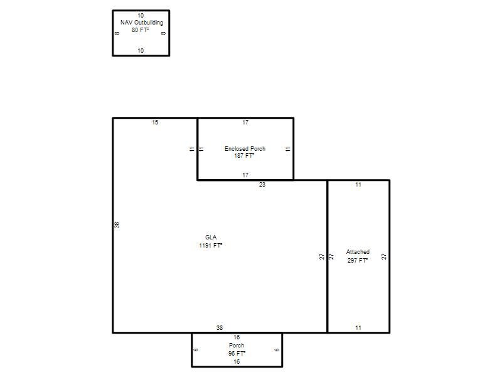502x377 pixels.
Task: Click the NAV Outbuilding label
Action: pyautogui.click(x=142, y=23)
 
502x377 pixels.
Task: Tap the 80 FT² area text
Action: pyautogui.click(x=140, y=30)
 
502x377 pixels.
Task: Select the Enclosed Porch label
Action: pyautogui.click(x=245, y=149)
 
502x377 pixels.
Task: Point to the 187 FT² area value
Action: pyautogui.click(x=244, y=156)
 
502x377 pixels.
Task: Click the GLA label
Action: pyautogui.click(x=211, y=238)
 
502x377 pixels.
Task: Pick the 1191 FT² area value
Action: pyautogui.click(x=210, y=246)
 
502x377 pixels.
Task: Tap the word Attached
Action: pyautogui.click(x=358, y=252)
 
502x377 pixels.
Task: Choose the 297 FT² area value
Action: pyautogui.click(x=357, y=260)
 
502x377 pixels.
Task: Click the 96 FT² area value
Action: pyautogui.click(x=237, y=353)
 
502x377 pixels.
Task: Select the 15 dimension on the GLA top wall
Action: pyautogui.click(x=155, y=123)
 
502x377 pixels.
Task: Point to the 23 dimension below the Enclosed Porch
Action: pyautogui.click(x=262, y=185)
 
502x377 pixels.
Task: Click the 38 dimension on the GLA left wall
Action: pyautogui.click(x=117, y=225)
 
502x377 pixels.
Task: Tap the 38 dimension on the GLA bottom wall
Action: pyautogui.click(x=219, y=327)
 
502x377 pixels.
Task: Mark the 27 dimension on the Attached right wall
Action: pyautogui.click(x=384, y=256)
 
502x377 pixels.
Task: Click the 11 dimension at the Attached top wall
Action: pyautogui.click(x=358, y=185)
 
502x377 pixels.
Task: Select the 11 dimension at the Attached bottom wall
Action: pyautogui.click(x=358, y=327)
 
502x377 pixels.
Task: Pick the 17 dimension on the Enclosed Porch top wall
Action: pyautogui.click(x=245, y=123)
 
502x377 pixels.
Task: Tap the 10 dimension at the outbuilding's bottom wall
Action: pyautogui.click(x=141, y=51)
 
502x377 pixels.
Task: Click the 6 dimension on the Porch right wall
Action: pyautogui.click(x=277, y=350)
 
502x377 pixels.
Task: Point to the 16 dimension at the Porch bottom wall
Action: pyautogui.click(x=237, y=362)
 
